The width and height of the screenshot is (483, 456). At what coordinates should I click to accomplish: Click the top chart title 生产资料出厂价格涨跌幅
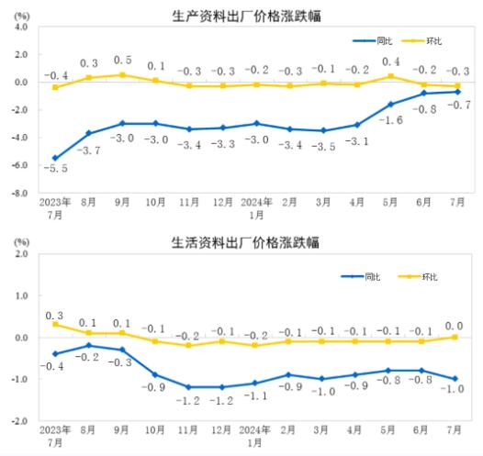pos(241,16)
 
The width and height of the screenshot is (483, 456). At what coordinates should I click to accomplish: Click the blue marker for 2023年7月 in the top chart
pos(55,159)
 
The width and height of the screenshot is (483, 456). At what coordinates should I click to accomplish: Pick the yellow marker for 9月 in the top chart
pos(122,75)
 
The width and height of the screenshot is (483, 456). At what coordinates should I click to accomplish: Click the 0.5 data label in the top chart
pos(122,60)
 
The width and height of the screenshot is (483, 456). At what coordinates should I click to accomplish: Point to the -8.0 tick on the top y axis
pos(18,194)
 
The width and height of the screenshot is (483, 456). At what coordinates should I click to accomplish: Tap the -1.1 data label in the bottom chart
pos(256,396)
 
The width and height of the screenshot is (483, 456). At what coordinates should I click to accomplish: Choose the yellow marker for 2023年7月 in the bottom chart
pos(55,324)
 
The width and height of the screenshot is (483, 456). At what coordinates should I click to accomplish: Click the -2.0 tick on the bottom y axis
pos(18,421)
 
